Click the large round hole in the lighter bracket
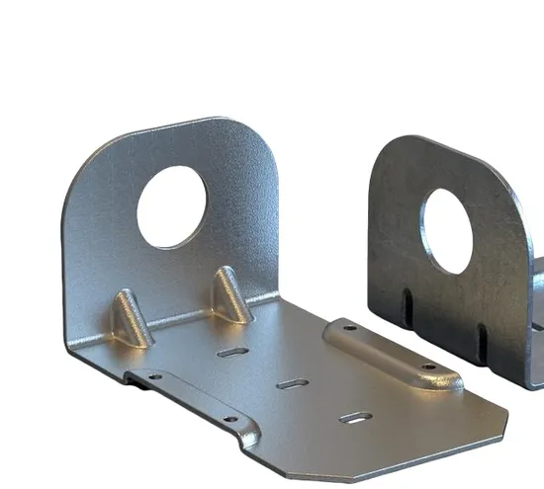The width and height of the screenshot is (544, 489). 171,206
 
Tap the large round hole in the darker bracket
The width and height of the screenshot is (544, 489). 447,230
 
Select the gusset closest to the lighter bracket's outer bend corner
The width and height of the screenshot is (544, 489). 129,317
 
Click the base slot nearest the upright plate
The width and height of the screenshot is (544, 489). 232,352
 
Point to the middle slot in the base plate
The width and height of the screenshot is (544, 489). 292,382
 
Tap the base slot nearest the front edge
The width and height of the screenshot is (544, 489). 355,418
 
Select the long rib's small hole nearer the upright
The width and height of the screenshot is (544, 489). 349,327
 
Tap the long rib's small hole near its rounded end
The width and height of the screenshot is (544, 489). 427,367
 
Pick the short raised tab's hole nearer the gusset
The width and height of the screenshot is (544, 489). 155,376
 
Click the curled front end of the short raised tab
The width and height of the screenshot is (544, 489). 251,435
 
